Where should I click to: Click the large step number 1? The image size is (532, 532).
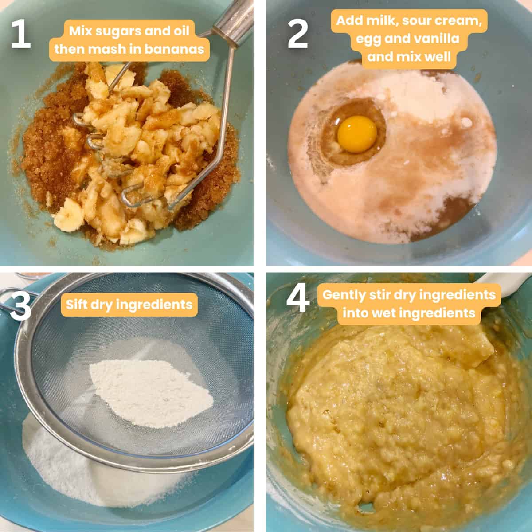coord(21,35)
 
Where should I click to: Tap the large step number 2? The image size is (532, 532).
coord(297,35)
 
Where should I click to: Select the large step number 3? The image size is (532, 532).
coord(20,306)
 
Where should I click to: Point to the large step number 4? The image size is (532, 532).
coord(298,297)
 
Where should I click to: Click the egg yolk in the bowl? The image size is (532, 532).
coord(357,134)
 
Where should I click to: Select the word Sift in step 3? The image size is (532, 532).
coord(77,305)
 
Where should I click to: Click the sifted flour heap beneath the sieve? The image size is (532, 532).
coord(91,475)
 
